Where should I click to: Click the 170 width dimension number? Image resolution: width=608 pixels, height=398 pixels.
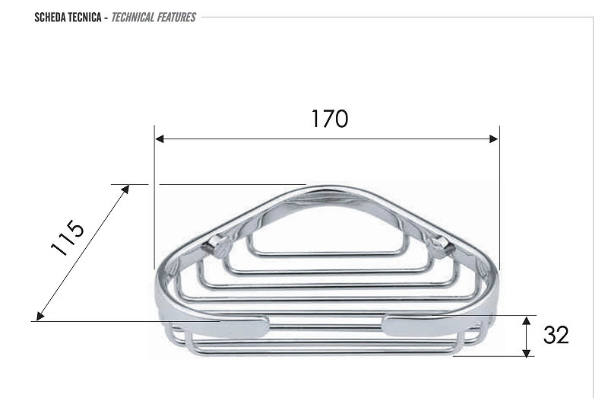click(330, 119)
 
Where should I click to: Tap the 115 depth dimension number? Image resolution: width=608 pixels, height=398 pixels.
click(67, 237)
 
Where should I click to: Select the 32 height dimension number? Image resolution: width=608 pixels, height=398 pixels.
click(556, 335)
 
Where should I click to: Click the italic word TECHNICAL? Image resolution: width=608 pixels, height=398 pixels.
click(132, 18)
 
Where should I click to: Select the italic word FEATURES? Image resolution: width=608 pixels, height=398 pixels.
click(176, 18)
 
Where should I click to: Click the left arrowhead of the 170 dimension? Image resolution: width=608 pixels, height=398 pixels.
click(159, 139)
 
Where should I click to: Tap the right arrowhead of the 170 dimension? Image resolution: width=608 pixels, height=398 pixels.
click(494, 139)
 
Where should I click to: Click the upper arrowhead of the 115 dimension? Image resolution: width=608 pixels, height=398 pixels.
click(125, 189)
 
